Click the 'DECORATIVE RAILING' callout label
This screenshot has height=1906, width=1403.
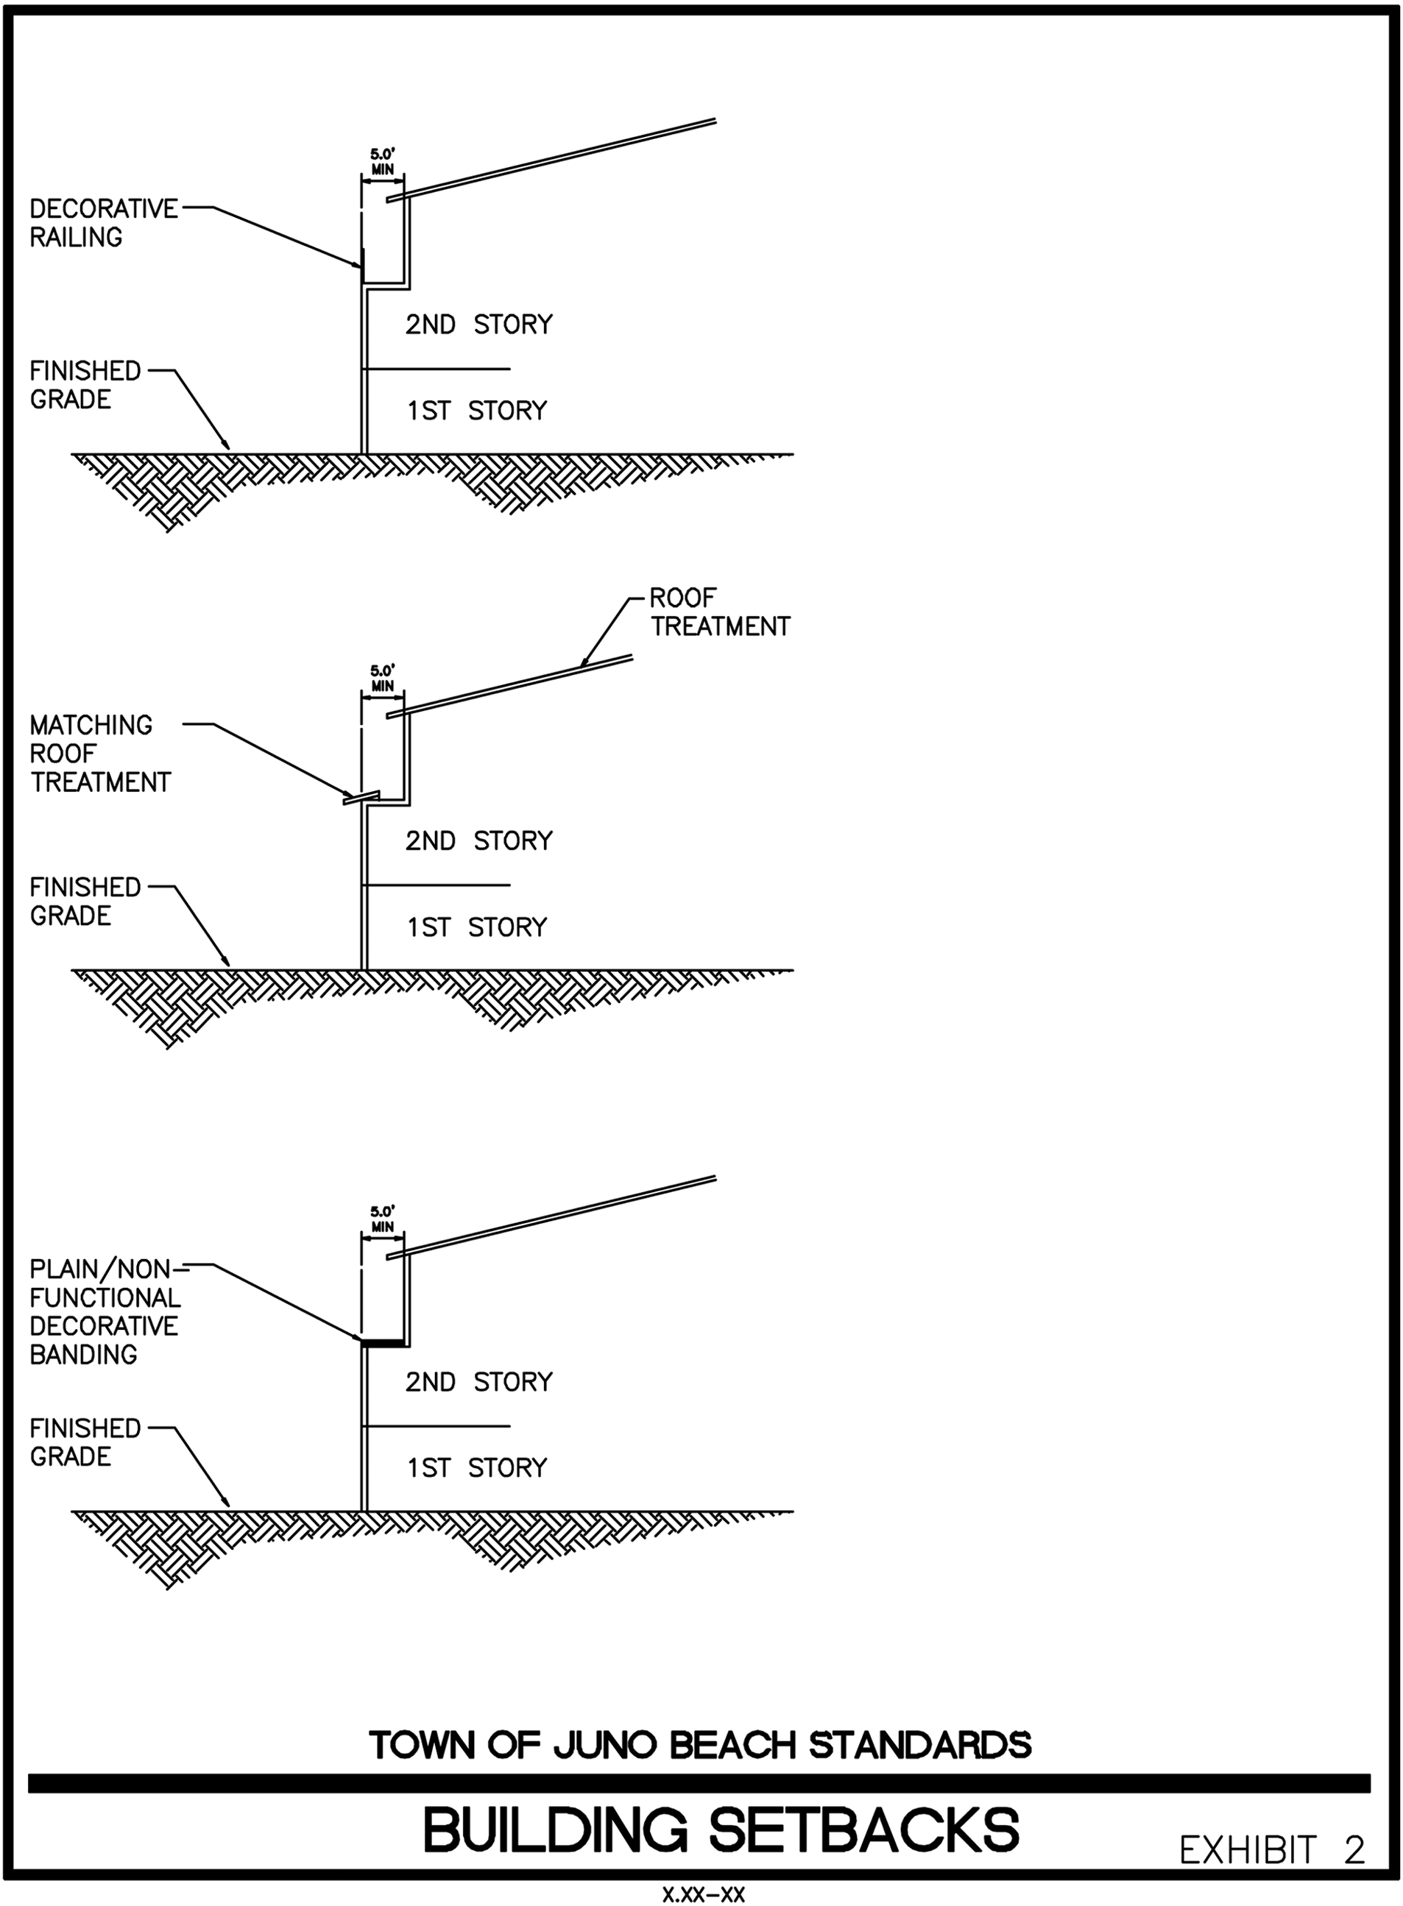104,222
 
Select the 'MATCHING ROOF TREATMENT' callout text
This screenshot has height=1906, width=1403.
99,753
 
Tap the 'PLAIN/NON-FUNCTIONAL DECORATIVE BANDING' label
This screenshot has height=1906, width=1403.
105,1311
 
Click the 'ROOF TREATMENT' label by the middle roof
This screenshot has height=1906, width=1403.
719,612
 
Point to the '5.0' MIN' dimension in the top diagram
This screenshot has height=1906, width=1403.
383,162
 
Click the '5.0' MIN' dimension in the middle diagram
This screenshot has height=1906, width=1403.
383,679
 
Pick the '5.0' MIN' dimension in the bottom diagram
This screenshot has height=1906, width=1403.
383,1219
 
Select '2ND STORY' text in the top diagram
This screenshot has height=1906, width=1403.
478,325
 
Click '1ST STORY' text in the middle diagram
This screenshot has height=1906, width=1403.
476,927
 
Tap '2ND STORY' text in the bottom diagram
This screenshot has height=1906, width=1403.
478,1382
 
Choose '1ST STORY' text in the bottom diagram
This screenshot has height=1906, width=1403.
476,1468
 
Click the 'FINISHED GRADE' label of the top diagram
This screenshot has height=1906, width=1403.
85,385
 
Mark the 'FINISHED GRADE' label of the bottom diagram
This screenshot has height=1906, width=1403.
85,1442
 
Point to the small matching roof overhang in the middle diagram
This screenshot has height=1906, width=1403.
361,798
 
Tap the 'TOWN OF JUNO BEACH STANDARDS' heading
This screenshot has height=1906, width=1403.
700,1746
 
